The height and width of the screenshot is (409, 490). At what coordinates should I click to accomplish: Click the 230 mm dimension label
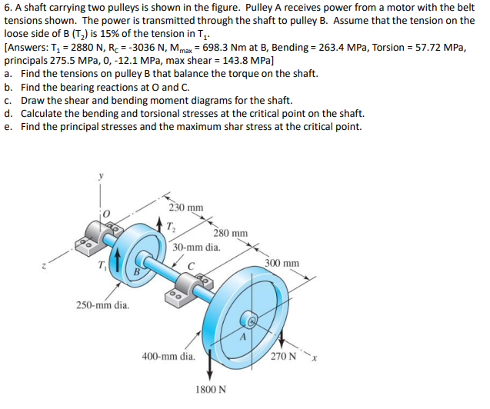pos(187,208)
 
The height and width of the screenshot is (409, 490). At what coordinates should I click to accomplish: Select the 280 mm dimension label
pos(231,233)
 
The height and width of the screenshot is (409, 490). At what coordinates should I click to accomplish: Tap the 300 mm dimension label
pos(282,263)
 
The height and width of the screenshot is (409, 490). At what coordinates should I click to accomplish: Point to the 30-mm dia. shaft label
pos(196,248)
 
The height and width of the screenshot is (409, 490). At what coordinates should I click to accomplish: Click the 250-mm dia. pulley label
pos(103,305)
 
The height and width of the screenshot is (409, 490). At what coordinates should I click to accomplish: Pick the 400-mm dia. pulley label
pos(168,356)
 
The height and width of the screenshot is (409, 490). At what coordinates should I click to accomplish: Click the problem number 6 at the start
pos(7,8)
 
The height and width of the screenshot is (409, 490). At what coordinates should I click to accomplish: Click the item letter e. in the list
pos(8,126)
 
